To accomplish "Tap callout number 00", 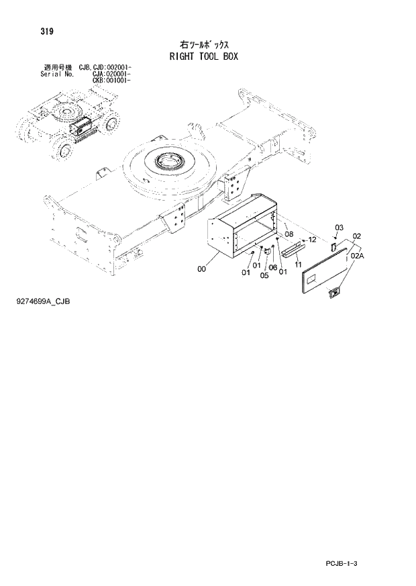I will [202, 270].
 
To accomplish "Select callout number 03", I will [339, 227].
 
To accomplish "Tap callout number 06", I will [272, 268].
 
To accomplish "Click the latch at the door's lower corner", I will [333, 292].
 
